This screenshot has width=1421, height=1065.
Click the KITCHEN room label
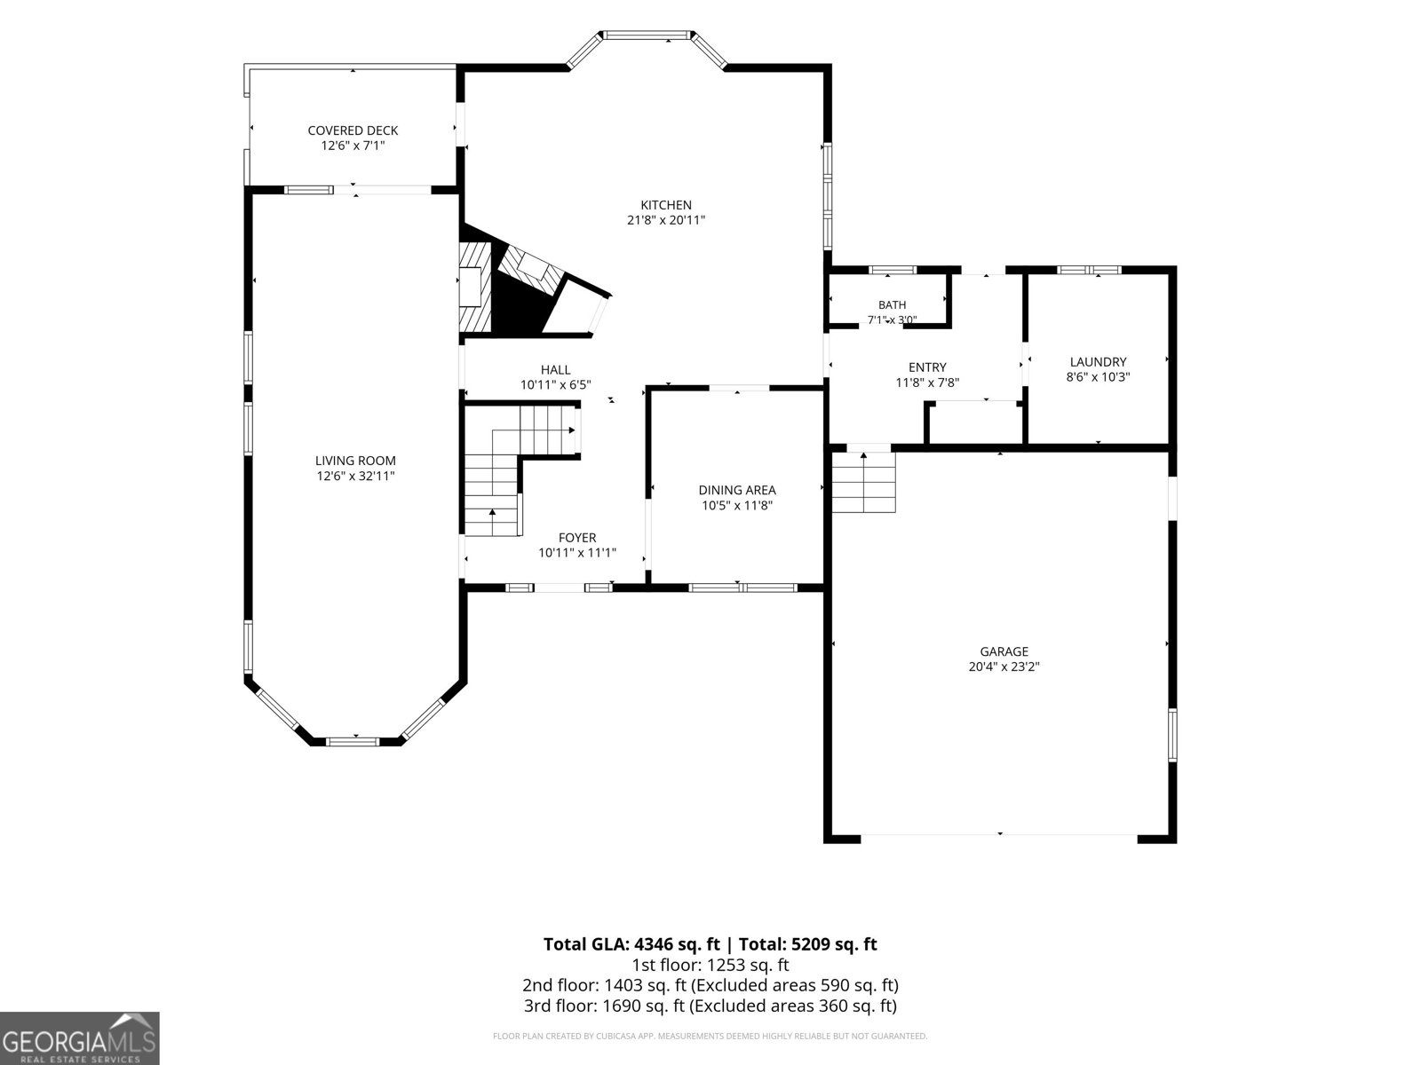pos(666,205)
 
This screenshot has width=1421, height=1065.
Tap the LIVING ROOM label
pos(355,461)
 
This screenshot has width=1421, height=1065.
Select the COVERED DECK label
pos(353,130)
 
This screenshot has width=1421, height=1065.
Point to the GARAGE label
pos(1004,651)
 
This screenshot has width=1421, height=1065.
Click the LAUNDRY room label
pos(1098,362)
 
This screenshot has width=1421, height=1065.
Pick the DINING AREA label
pos(737,490)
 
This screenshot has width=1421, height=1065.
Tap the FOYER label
pos(577,538)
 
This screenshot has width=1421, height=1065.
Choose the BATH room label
pos(892,305)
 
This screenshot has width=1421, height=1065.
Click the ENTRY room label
pos(927,367)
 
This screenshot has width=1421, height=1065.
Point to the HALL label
pos(556,370)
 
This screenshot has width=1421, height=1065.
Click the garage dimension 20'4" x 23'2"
pos(1004,667)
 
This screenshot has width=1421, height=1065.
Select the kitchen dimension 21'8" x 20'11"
pos(666,220)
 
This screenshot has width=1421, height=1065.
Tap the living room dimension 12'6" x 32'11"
pos(355,477)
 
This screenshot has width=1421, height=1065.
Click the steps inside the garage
pos(863,483)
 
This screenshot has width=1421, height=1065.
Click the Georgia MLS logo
pos(80,1038)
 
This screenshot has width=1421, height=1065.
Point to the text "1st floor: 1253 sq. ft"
pos(710,966)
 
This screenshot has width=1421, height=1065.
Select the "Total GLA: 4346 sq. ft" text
pos(631,944)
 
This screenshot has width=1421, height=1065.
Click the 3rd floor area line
pos(710,1006)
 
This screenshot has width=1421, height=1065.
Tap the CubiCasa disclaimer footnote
pos(710,1036)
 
